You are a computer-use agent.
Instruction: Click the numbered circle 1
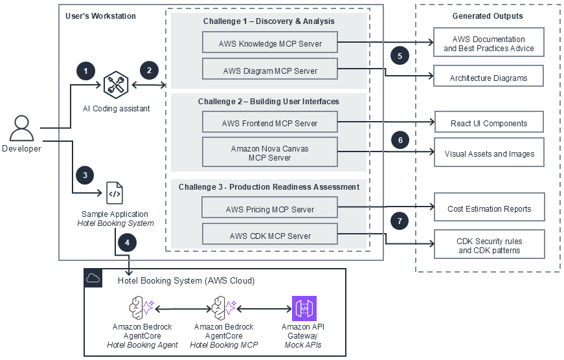click(85, 70)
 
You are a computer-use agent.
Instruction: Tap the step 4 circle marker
click(127, 243)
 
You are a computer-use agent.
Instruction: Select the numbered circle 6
click(400, 140)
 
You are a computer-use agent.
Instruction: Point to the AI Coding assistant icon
click(117, 84)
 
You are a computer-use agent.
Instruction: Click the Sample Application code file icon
click(115, 192)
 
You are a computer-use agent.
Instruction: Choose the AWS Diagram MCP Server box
click(270, 71)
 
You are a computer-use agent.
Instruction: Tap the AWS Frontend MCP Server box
click(270, 123)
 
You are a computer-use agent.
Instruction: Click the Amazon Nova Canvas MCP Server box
click(270, 153)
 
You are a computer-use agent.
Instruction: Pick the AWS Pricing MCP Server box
click(270, 209)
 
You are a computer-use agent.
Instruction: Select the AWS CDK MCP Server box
click(270, 236)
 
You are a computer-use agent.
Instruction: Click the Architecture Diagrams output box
click(488, 78)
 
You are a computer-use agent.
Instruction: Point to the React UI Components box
click(488, 123)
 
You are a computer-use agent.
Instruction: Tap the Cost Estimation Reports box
click(489, 208)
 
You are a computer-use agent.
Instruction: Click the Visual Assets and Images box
click(489, 153)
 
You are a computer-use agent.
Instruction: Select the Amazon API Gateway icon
click(304, 308)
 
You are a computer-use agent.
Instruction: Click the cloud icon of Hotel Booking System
click(93, 278)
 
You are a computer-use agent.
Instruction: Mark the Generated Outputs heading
click(488, 16)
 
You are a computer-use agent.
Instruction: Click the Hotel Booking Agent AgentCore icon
click(142, 308)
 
